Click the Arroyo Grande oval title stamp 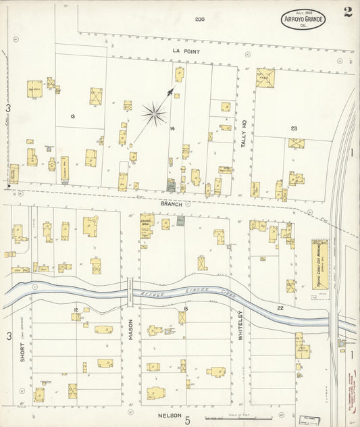(303, 20)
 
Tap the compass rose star (155, 113)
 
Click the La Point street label (183, 51)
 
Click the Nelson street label (169, 417)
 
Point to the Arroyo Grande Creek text (172, 294)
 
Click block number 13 (72, 116)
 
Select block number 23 (294, 128)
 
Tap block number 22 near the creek (280, 307)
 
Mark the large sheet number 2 (347, 11)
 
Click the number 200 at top (199, 19)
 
